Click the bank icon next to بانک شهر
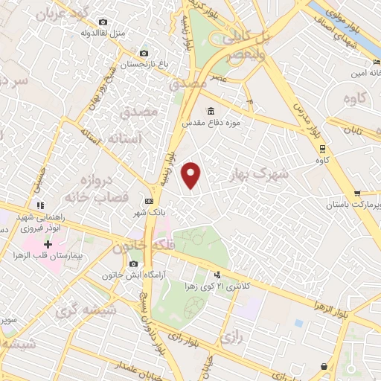[150, 201]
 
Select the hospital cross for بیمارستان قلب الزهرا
[48, 243]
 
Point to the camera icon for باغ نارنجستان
[144, 53]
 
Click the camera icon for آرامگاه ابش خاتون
[134, 263]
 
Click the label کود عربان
[62, 13]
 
